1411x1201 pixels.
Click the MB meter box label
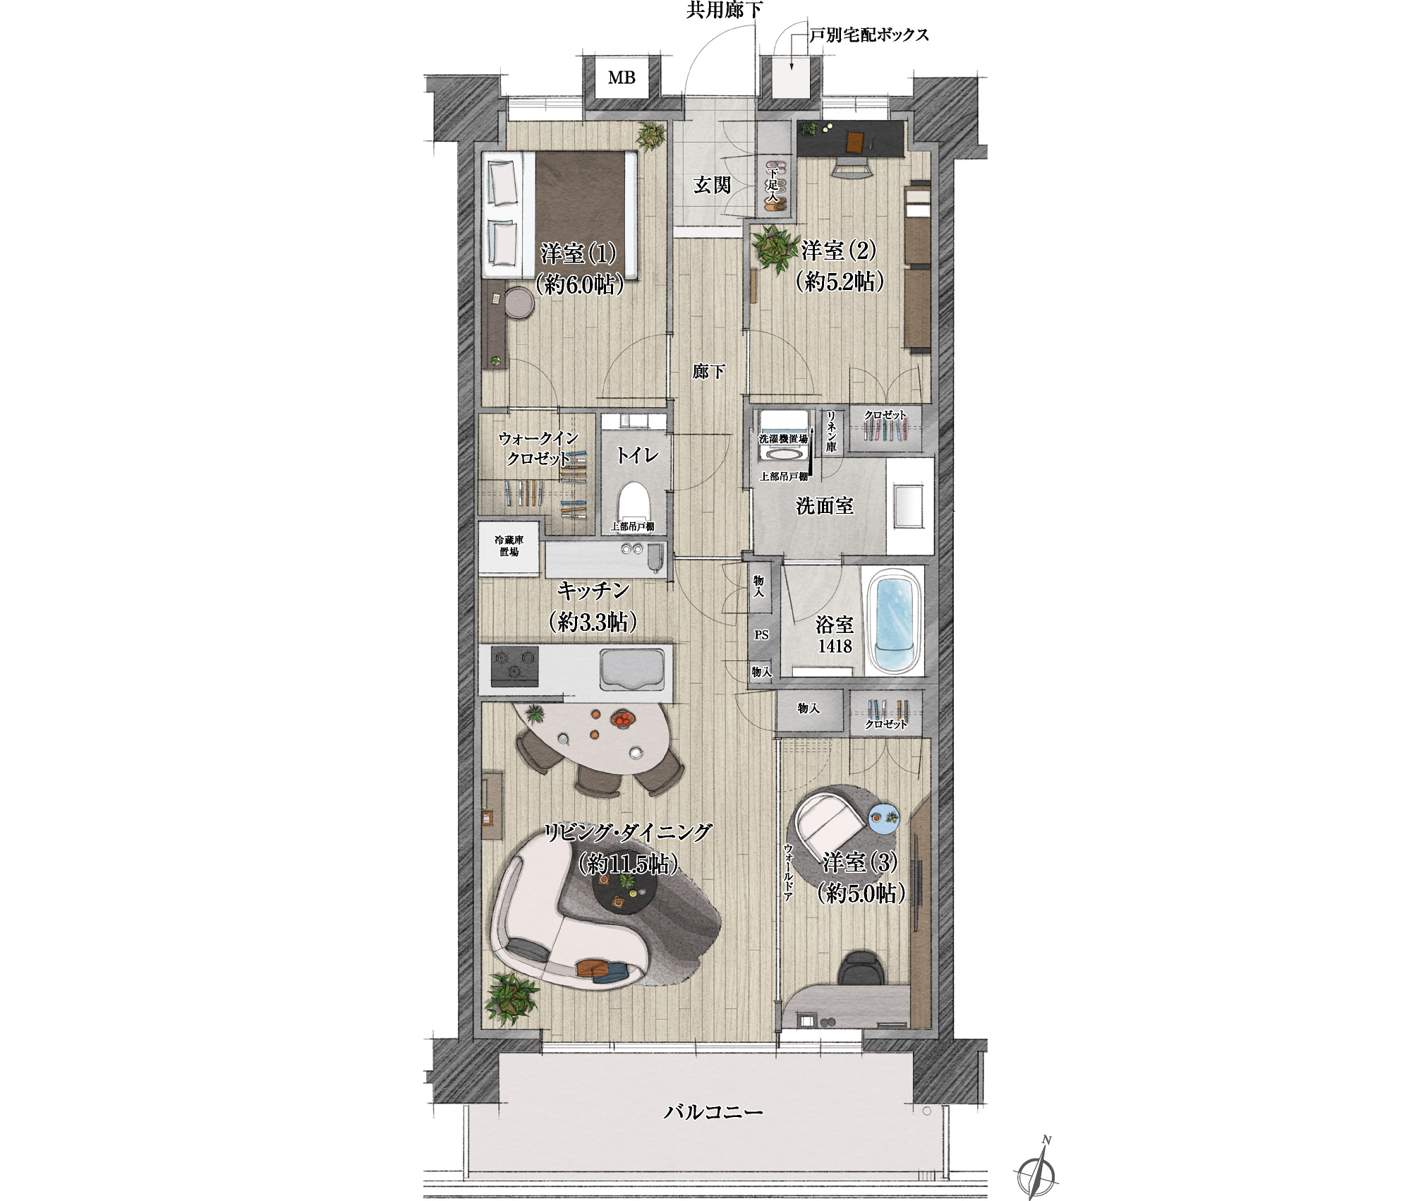click(x=622, y=78)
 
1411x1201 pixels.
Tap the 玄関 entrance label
click(x=712, y=185)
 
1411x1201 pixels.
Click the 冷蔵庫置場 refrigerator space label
click(x=509, y=546)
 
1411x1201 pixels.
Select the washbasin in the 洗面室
click(x=910, y=505)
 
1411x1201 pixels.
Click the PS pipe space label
click(x=761, y=635)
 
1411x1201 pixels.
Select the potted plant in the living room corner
click(x=511, y=997)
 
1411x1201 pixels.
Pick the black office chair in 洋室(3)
click(x=861, y=967)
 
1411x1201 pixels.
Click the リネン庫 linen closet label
click(x=831, y=431)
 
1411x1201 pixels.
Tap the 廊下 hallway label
click(x=708, y=371)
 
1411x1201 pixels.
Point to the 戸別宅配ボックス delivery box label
click(x=868, y=35)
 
